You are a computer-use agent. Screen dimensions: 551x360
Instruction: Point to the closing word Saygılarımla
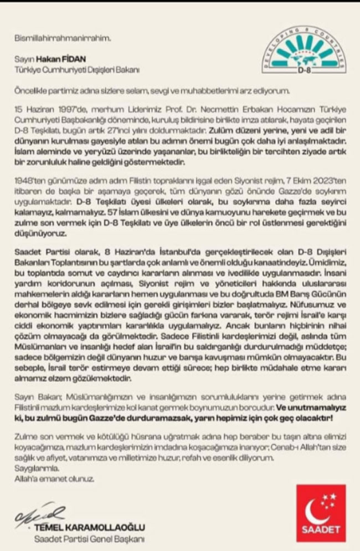pos(33,468)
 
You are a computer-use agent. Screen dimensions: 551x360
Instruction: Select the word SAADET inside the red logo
pos(321,530)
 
